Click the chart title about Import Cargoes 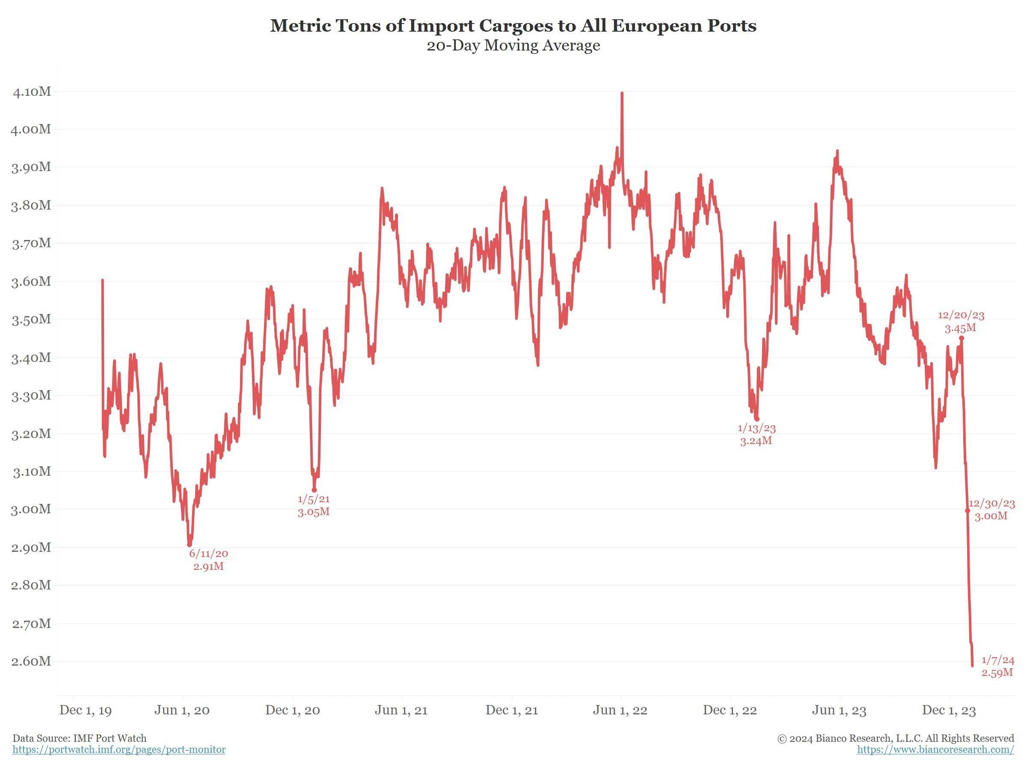(513, 26)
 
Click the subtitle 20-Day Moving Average (513, 45)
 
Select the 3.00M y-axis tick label (31, 509)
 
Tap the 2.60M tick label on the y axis (31, 661)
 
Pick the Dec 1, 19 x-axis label (86, 710)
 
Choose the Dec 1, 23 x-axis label (949, 710)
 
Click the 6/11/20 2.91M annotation (208, 560)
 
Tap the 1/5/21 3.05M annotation (314, 506)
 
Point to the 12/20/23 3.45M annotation (961, 322)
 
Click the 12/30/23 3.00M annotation (991, 509)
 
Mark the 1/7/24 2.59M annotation (997, 666)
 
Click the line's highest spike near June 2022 (622, 94)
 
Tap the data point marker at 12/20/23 (962, 338)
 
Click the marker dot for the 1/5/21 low (315, 490)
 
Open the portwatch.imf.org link (119, 749)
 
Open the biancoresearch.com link (935, 749)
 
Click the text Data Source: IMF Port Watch (80, 738)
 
